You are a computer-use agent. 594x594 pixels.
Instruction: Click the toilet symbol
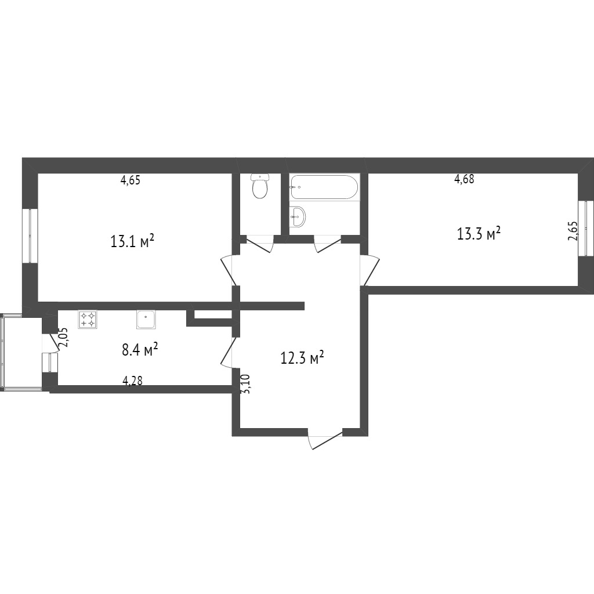pyautogui.click(x=260, y=186)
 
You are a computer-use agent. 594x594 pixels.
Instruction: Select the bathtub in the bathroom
pyautogui.click(x=324, y=187)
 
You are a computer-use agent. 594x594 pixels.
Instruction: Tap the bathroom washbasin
pyautogui.click(x=298, y=217)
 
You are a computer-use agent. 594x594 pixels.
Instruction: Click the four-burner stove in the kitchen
pyautogui.click(x=87, y=319)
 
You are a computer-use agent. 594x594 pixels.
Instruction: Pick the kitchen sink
pyautogui.click(x=146, y=320)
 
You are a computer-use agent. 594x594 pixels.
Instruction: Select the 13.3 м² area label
pyautogui.click(x=479, y=233)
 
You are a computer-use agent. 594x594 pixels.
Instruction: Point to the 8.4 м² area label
pyautogui.click(x=140, y=350)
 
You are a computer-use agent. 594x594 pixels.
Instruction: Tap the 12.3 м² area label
pyautogui.click(x=302, y=357)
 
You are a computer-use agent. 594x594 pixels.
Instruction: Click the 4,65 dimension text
pyautogui.click(x=131, y=180)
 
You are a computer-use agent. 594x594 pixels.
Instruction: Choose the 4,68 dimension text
pyautogui.click(x=464, y=179)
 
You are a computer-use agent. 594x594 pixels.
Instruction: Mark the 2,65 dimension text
pyautogui.click(x=573, y=231)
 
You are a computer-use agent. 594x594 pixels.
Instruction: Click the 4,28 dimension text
pyautogui.click(x=133, y=381)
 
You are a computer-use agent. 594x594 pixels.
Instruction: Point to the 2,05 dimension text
pyautogui.click(x=64, y=337)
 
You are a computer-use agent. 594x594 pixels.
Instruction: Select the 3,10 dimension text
pyautogui.click(x=245, y=384)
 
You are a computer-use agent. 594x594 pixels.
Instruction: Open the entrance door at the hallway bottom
pyautogui.click(x=325, y=440)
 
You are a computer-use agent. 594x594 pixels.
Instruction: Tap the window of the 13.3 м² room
pyautogui.click(x=586, y=229)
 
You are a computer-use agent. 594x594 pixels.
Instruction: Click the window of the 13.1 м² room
pyautogui.click(x=30, y=236)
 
